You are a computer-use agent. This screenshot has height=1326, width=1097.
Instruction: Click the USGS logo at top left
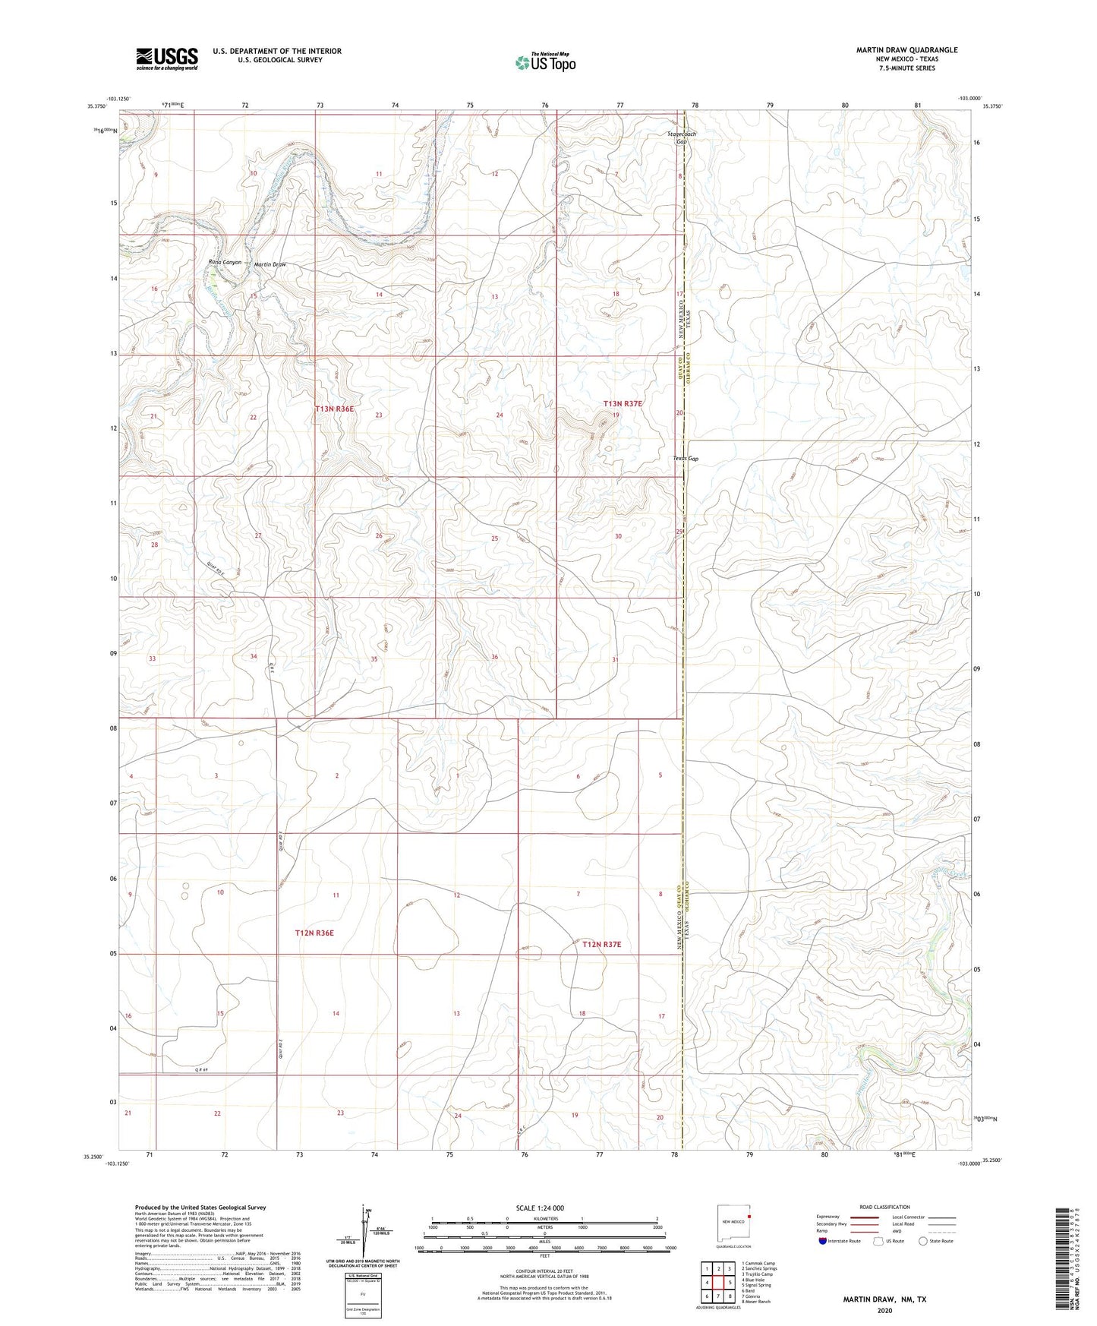[x=167, y=58]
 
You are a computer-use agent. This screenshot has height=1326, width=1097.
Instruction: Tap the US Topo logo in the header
[x=544, y=62]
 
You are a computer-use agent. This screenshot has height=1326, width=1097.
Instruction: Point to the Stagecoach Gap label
[x=681, y=137]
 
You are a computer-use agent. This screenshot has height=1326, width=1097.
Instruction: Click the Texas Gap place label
[x=686, y=459]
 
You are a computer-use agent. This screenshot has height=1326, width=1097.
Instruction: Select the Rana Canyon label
[x=225, y=262]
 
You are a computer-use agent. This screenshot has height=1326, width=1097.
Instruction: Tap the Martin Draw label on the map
[x=270, y=264]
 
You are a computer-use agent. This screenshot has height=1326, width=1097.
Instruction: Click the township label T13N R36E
[x=335, y=409]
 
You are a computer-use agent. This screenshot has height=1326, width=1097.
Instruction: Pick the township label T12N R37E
[x=602, y=944]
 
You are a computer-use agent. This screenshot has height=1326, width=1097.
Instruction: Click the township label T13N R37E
[x=623, y=403]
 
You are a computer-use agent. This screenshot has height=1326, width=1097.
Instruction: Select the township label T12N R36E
[x=314, y=933]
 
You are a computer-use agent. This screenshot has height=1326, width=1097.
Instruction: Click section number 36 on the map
[x=495, y=657]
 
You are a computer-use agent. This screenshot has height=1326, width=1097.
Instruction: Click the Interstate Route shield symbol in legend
[x=824, y=1241]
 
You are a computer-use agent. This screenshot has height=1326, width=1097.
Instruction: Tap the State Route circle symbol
[x=923, y=1241]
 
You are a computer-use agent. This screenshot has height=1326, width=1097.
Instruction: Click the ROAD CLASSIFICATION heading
[x=884, y=1207]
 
